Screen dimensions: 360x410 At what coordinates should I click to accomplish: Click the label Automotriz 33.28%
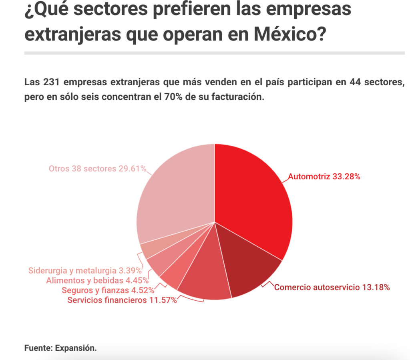pyautogui.click(x=324, y=177)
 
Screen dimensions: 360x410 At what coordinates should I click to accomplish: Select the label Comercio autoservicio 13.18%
pyautogui.click(x=332, y=287)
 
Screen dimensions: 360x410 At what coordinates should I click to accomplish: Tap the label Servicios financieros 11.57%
pyautogui.click(x=122, y=300)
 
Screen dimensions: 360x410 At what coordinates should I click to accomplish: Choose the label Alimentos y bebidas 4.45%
pyautogui.click(x=97, y=280)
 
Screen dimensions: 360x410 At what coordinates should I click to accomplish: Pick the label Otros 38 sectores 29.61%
pyautogui.click(x=97, y=169)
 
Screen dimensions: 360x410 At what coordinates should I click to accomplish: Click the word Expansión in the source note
pyautogui.click(x=76, y=348)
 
